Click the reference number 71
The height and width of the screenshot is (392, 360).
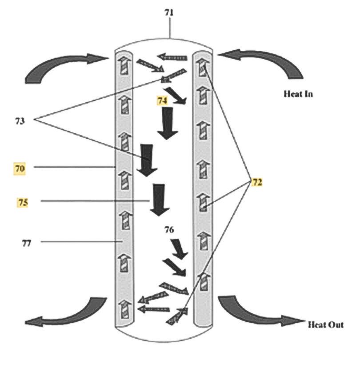[169, 12]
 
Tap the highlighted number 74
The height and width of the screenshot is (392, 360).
[162, 101]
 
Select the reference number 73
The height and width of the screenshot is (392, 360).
[20, 120]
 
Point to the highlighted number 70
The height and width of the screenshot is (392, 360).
[19, 168]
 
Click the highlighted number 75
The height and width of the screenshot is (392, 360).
[23, 202]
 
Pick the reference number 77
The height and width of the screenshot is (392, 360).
[27, 243]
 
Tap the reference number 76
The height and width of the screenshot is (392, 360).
[169, 230]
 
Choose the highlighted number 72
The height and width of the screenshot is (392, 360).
[257, 182]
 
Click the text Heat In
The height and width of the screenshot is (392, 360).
[298, 94]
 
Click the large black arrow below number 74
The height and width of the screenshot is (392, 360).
[168, 124]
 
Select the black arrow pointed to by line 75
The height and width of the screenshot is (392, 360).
[158, 200]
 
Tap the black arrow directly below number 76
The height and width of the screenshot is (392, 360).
[180, 249]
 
